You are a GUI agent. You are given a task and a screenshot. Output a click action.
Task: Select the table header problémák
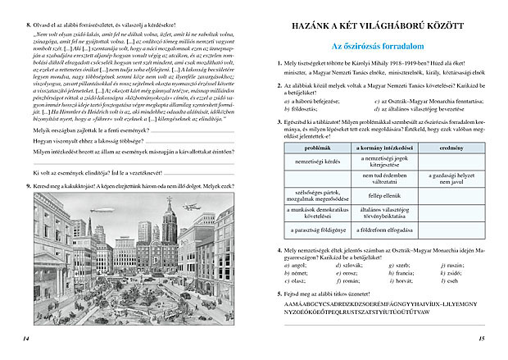pyautogui.click(x=317, y=147)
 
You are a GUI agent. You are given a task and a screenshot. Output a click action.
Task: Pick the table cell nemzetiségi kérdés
pyautogui.click(x=317, y=160)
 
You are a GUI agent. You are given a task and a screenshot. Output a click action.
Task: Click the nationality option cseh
pyautogui.click(x=450, y=280)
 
